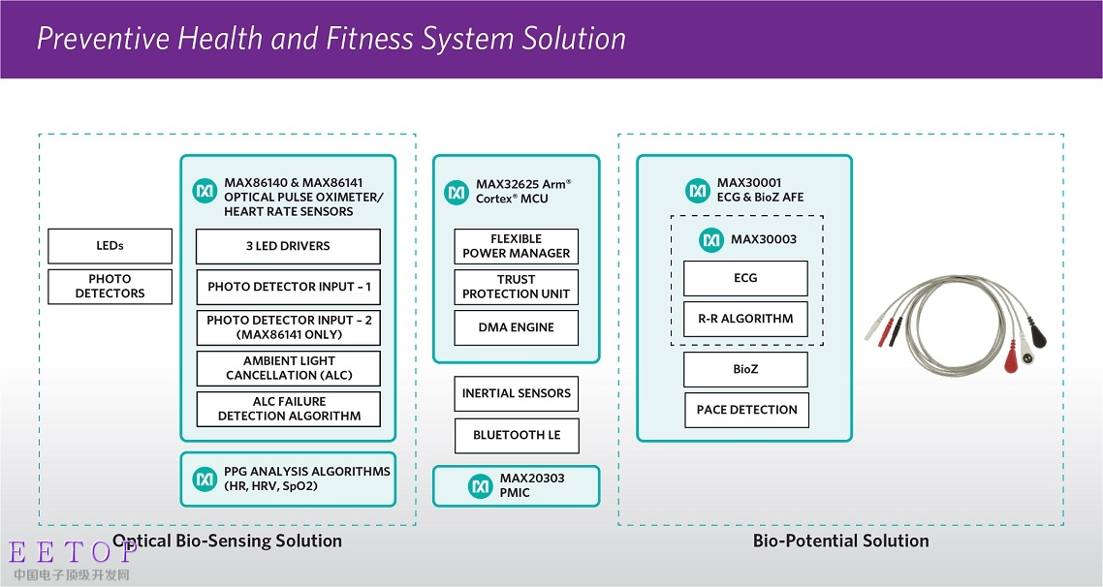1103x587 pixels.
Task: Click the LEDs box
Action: coord(110,246)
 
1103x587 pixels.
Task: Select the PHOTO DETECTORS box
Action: coord(110,287)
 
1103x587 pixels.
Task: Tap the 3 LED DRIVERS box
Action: coord(288,247)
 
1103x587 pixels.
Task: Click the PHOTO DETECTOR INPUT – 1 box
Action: coord(288,287)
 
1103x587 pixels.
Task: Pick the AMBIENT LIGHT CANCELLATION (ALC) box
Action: coord(288,368)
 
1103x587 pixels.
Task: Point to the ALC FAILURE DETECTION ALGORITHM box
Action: coord(288,409)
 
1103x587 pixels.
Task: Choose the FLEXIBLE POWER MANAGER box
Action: coord(516,246)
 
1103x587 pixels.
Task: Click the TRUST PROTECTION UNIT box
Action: coord(516,287)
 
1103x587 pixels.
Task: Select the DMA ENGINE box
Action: coord(516,327)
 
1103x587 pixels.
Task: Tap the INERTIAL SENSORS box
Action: coord(516,393)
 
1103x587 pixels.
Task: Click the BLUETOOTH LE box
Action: coord(516,435)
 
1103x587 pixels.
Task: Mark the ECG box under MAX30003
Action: coord(745,278)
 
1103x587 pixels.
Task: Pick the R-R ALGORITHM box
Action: coord(745,319)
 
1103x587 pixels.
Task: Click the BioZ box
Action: coord(745,369)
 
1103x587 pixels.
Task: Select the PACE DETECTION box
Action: coord(746,410)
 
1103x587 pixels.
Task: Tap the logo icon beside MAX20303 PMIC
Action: coord(481,486)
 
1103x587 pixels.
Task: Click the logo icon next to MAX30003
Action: coord(712,239)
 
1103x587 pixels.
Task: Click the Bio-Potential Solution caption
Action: coord(840,541)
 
